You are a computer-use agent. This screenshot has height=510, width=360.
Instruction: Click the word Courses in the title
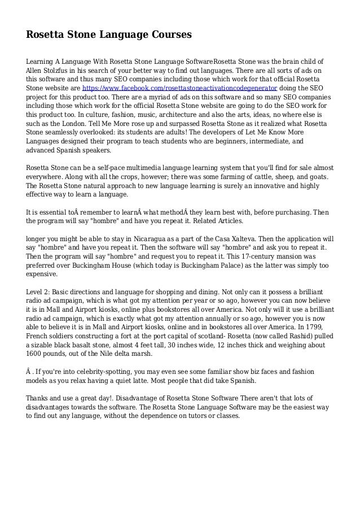pos(169,35)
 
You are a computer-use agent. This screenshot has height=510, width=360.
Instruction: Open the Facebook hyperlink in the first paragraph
pos(179,89)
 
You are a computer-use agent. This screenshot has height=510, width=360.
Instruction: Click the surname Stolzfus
pos(64,70)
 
